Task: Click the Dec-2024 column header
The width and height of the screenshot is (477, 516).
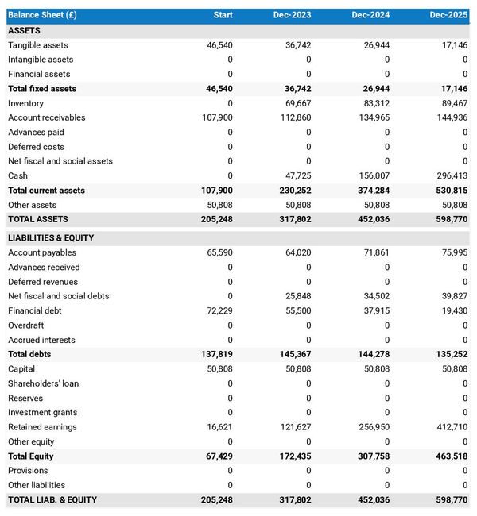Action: [370, 15]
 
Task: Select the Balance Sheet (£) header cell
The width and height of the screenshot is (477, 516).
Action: [42, 15]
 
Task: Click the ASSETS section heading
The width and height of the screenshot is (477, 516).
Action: [24, 30]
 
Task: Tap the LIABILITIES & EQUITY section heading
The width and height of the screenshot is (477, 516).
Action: [51, 237]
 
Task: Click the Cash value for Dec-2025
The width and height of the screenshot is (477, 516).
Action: [451, 175]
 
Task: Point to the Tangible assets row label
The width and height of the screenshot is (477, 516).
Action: [38, 45]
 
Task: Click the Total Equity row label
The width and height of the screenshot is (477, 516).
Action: [32, 456]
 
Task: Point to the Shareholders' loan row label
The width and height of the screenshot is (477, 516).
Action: [43, 383]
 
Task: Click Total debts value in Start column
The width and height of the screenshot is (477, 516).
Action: [216, 354]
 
